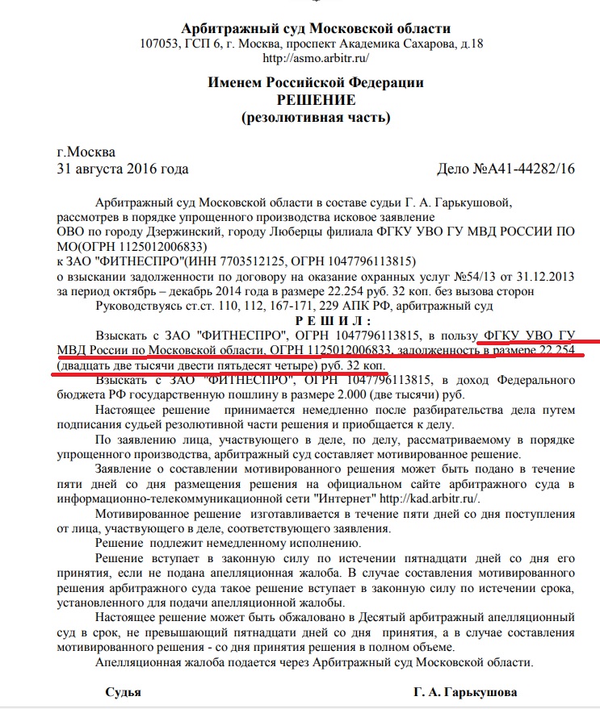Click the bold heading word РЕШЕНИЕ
(x=316, y=100)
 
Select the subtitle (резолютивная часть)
(x=316, y=118)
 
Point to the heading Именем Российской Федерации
(x=316, y=82)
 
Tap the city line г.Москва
(x=86, y=152)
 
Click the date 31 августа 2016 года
(x=123, y=169)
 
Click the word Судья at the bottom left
(x=124, y=693)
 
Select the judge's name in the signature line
(x=466, y=693)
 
